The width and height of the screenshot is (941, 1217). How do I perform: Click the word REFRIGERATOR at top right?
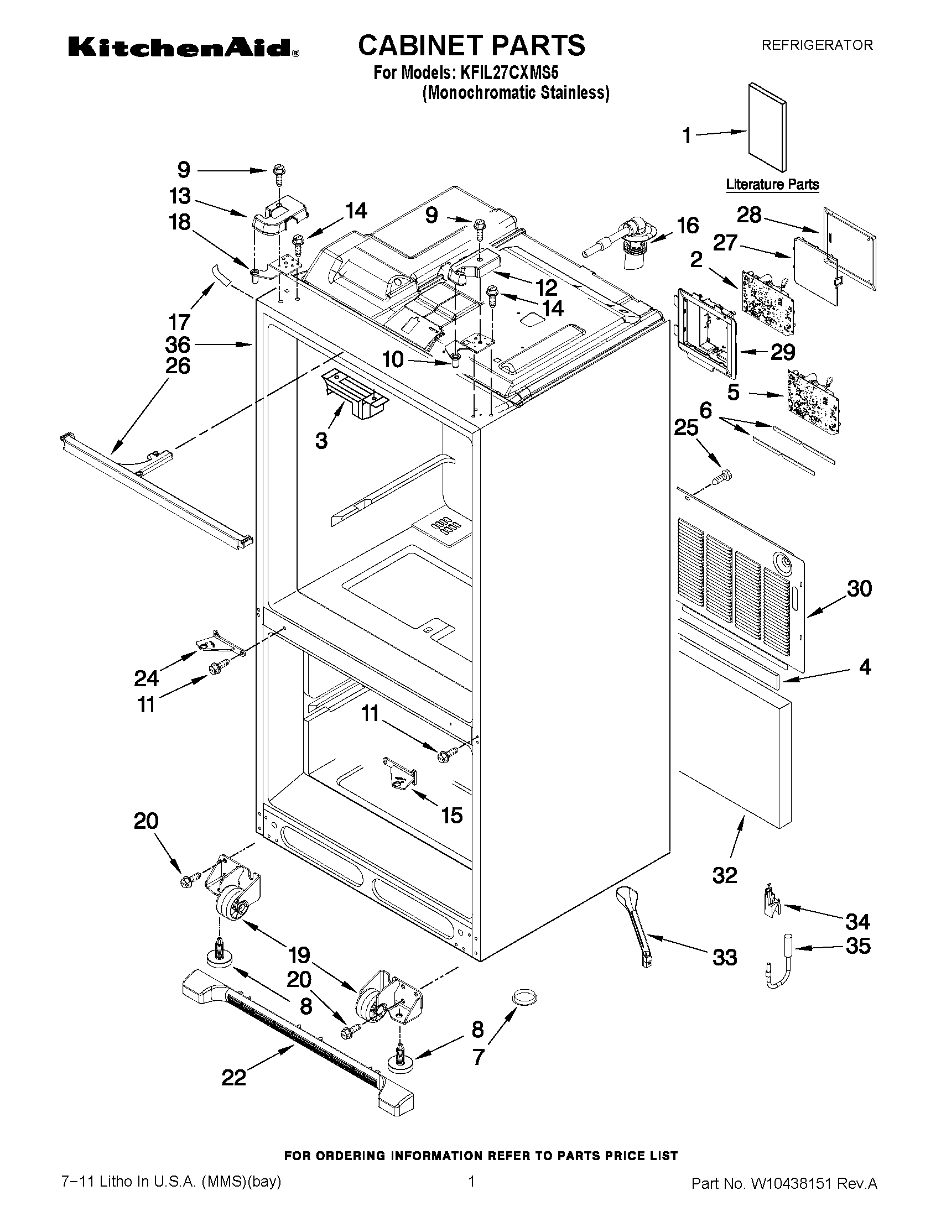click(x=817, y=45)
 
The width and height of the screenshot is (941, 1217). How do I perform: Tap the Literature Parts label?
click(x=772, y=185)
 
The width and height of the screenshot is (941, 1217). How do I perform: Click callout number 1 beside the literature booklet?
click(x=687, y=135)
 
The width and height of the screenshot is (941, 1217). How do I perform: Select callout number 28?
click(x=748, y=215)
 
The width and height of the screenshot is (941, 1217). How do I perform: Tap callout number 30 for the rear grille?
click(x=859, y=588)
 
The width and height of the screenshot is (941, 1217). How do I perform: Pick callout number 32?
click(x=725, y=875)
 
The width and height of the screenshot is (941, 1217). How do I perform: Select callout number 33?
click(x=725, y=958)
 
